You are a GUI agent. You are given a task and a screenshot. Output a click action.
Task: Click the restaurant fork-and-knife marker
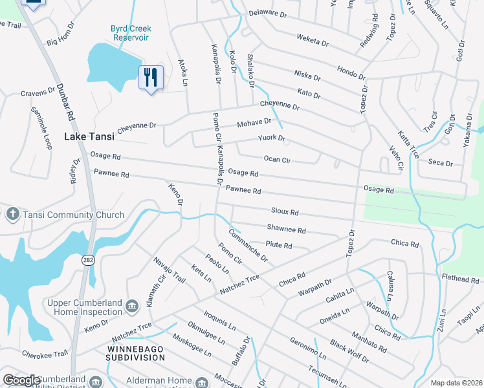(x=151, y=78)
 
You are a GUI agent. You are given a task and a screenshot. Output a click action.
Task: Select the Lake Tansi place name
(x=89, y=136)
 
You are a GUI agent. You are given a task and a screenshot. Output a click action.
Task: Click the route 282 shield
(x=89, y=259)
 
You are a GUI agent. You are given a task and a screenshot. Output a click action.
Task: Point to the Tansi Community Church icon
(x=12, y=214)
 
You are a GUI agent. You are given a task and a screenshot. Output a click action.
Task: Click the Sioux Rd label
(x=285, y=211)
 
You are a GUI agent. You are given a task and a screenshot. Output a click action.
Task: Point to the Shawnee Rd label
(x=286, y=229)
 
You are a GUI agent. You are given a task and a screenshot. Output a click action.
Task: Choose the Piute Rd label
(x=279, y=246)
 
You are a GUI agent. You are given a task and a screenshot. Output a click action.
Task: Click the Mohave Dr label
(x=252, y=123)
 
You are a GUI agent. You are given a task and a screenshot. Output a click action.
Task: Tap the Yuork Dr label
(x=271, y=138)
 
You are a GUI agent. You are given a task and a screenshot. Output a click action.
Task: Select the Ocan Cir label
(x=277, y=158)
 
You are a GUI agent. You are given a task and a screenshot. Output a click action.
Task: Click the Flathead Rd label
(x=460, y=280)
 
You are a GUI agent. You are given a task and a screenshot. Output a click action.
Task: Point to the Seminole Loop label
(x=41, y=128)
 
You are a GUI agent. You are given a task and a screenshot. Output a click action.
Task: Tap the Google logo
(x=21, y=380)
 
